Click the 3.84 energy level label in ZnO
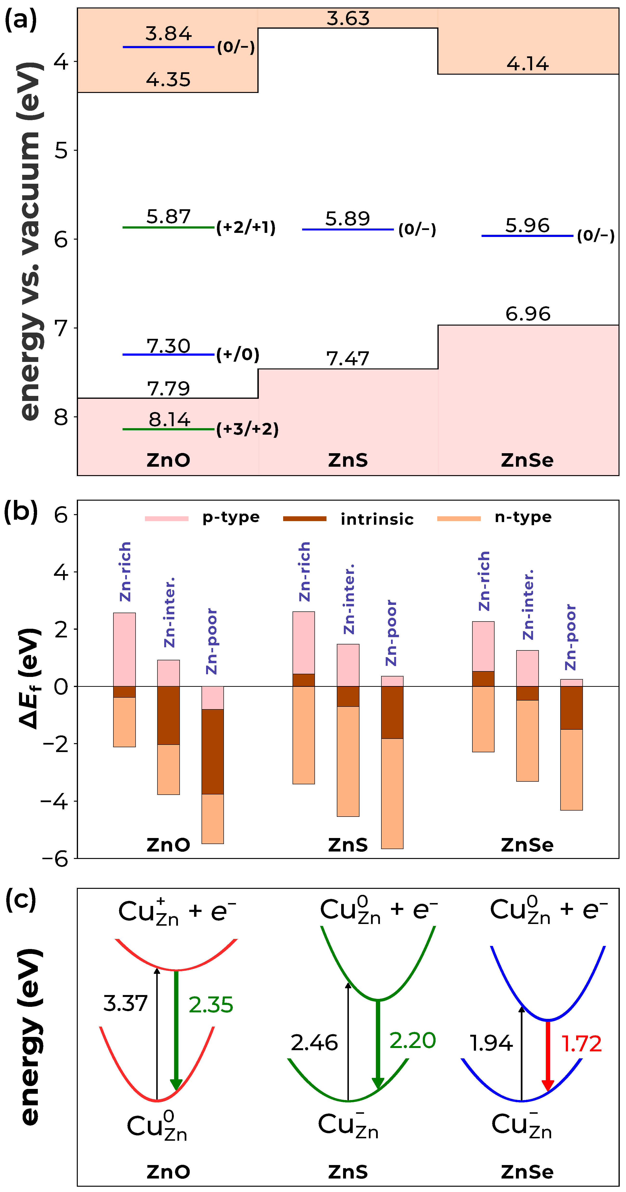point(168,34)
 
